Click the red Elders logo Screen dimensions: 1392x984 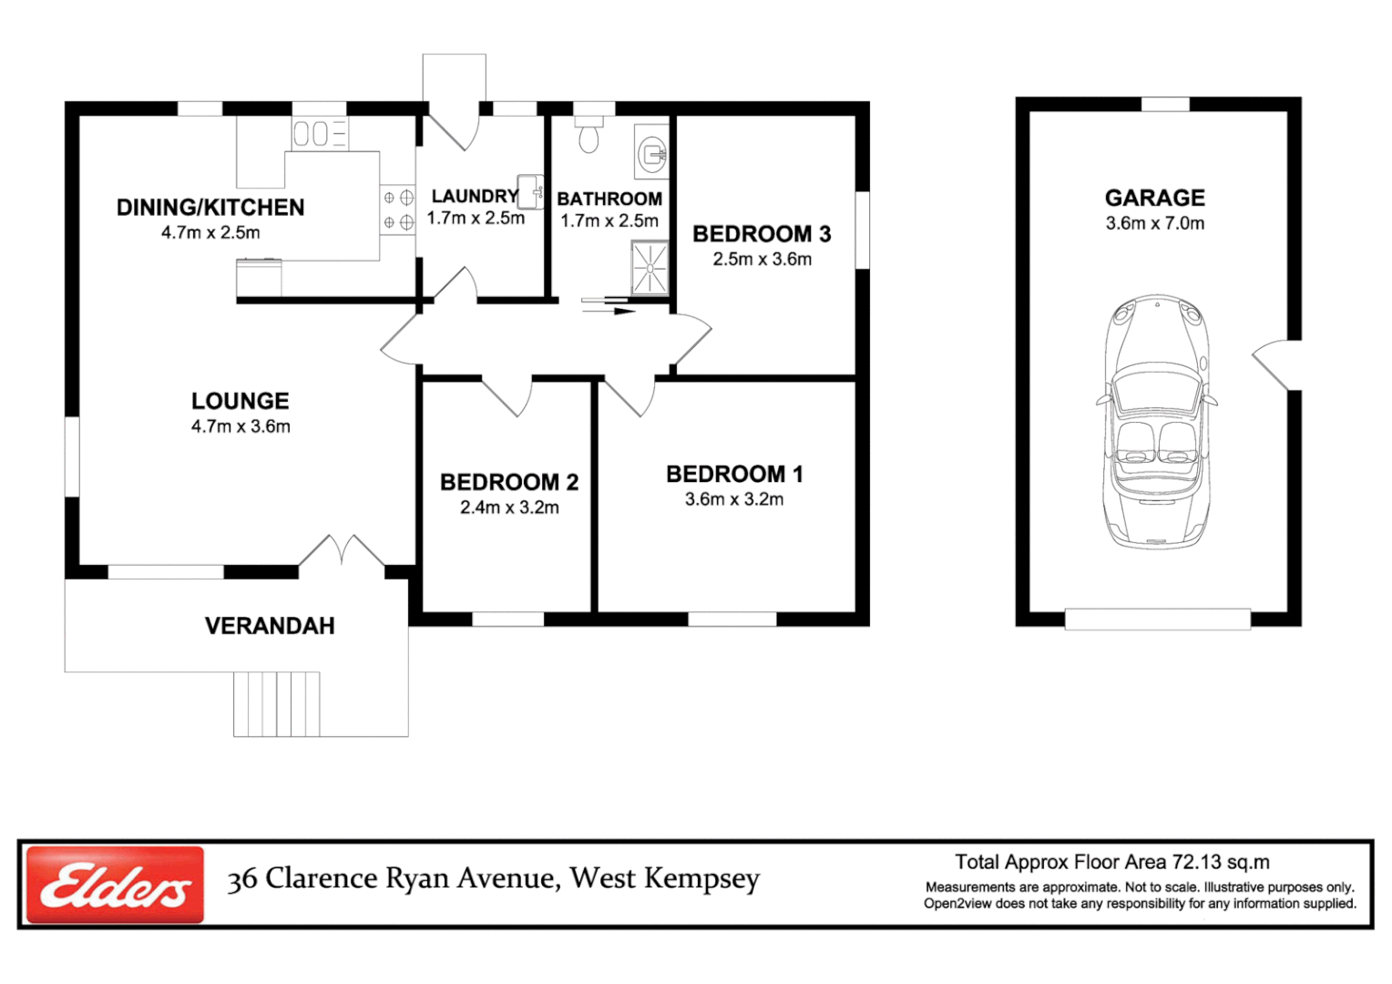116,884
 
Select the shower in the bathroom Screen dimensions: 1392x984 650,268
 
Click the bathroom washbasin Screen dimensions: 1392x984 652,151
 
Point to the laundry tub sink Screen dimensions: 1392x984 530,191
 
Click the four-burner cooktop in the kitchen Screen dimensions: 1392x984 398,210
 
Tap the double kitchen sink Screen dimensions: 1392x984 320,133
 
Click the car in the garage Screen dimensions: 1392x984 1156,422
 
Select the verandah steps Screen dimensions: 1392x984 277,703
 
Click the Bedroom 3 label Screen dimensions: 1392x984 762,234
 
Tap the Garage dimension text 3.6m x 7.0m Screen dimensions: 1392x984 1154,223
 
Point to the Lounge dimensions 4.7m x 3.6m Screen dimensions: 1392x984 241,426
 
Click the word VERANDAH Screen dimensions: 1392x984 270,626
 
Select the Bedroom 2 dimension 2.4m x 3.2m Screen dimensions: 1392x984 509,507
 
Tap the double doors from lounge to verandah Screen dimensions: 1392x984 342,550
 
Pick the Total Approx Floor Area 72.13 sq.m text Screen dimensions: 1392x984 1111,862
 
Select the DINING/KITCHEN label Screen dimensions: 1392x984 210,207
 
